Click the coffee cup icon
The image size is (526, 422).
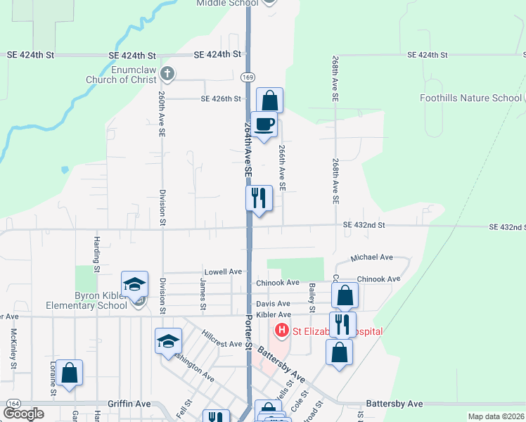[264, 124]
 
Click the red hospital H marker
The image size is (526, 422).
[282, 330]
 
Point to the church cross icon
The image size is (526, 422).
[167, 72]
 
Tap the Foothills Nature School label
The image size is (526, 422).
[470, 98]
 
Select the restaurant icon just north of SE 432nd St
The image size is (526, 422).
[259, 198]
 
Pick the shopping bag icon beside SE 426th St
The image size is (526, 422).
[269, 100]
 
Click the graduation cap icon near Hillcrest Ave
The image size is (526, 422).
[168, 341]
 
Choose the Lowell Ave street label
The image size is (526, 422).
[223, 271]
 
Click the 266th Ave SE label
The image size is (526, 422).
[282, 168]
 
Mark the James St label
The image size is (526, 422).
[203, 295]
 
